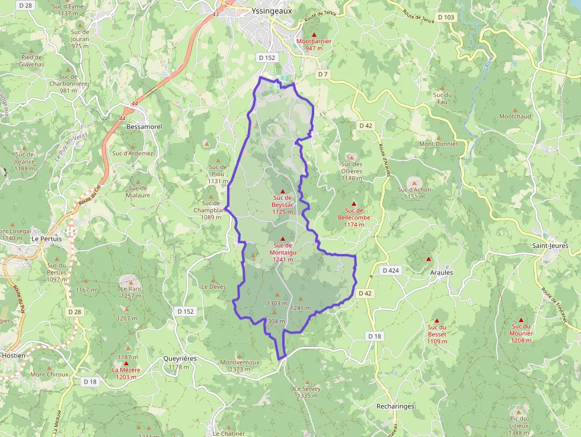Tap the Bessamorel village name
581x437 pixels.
click(x=141, y=126)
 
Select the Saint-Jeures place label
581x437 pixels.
click(x=550, y=245)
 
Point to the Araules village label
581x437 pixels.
click(x=440, y=273)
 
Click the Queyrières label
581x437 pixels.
click(x=180, y=359)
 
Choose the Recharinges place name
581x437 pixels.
click(x=395, y=406)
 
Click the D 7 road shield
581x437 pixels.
click(x=322, y=74)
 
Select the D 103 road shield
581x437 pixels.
click(x=446, y=17)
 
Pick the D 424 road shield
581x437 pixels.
click(x=391, y=270)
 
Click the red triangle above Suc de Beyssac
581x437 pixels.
click(x=282, y=190)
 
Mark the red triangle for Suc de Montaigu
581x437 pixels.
click(x=282, y=238)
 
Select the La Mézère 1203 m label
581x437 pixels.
click(x=126, y=373)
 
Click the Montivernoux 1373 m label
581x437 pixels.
click(x=240, y=365)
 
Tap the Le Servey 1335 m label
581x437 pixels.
click(x=307, y=392)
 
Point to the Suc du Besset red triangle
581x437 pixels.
click(x=436, y=321)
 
